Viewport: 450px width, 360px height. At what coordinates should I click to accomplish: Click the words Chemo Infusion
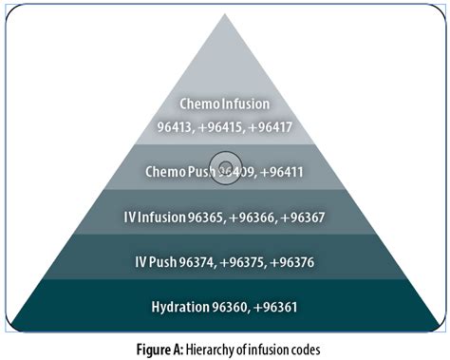coord(225,103)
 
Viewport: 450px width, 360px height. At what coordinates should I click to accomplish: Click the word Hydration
coord(179,308)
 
